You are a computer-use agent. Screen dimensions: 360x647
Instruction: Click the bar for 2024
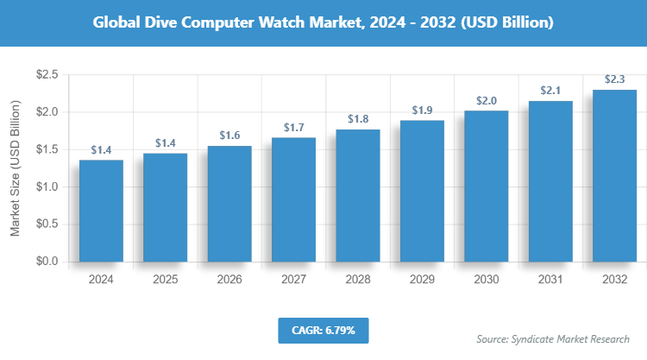point(101,211)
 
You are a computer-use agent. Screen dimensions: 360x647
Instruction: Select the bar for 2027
point(293,199)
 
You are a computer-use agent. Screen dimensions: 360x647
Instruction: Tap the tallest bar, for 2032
point(614,175)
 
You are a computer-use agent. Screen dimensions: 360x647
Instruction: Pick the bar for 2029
point(422,191)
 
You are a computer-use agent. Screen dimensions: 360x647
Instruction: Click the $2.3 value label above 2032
point(614,78)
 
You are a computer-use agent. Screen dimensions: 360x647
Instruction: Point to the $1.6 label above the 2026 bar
point(229,135)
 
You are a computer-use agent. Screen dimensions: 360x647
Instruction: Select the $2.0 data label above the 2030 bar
point(487,100)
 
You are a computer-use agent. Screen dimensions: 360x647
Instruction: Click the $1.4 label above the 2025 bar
point(165,142)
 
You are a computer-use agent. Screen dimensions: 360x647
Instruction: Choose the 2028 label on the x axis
point(358,281)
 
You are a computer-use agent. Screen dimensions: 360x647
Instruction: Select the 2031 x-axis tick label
point(550,281)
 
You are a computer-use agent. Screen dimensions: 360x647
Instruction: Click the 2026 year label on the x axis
point(229,281)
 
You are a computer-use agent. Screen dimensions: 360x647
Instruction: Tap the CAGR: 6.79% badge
point(323,330)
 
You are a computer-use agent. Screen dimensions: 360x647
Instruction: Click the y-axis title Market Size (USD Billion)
point(15,168)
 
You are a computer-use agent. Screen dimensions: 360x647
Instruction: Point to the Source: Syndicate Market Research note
point(553,338)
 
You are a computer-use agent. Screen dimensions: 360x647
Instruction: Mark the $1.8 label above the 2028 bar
point(358,119)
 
